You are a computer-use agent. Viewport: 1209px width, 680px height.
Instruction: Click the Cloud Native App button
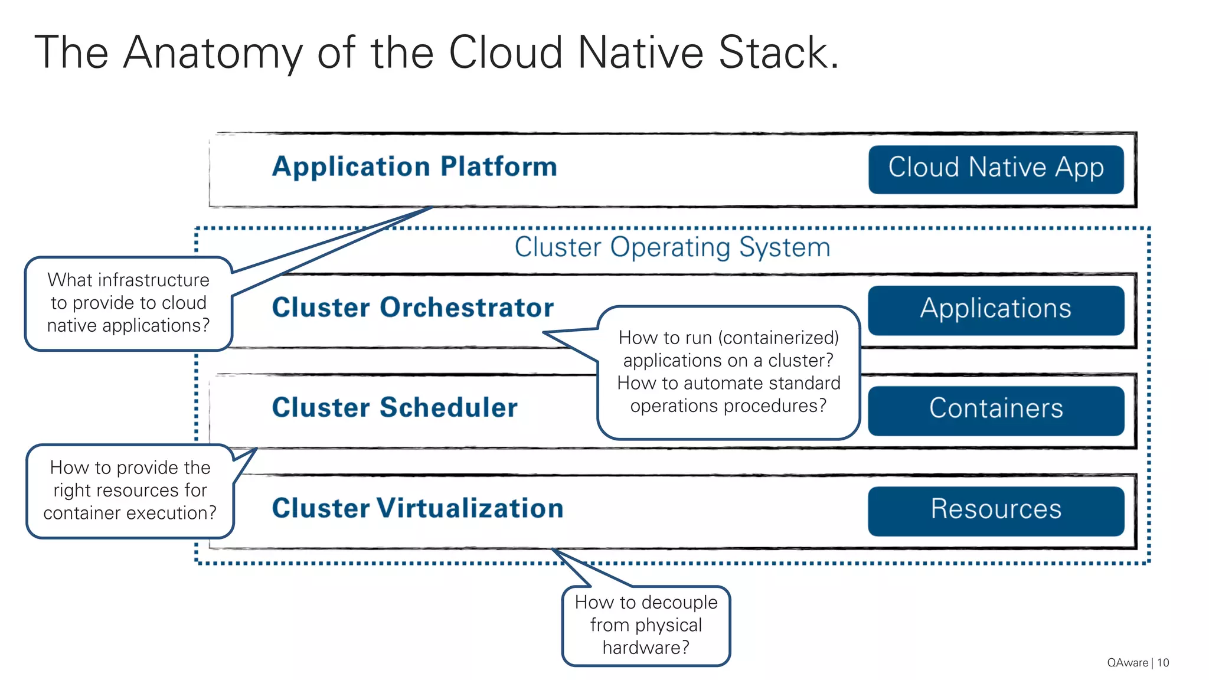tap(995, 169)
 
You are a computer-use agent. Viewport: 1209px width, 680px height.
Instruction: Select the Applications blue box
tap(995, 310)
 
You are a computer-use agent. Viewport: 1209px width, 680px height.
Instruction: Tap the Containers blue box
tap(995, 410)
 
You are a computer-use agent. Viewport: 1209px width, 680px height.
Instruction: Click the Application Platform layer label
tap(414, 167)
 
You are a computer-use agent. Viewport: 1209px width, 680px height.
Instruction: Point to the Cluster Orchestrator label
tap(413, 308)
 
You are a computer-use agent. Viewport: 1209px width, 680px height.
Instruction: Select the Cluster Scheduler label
tap(394, 408)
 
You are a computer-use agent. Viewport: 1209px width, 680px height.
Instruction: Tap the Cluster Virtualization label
tap(417, 508)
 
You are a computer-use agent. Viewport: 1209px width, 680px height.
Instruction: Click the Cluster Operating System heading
tap(672, 247)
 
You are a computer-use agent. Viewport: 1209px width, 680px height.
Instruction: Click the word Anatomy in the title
tap(213, 53)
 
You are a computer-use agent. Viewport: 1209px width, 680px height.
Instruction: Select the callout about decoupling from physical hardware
tap(646, 626)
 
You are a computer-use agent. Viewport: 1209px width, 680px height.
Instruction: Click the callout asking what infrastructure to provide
tap(128, 303)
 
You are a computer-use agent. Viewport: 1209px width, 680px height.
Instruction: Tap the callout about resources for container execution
tap(130, 491)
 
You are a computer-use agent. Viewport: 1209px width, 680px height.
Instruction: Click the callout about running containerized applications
tap(728, 372)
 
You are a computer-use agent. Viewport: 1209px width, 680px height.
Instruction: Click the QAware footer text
tap(1127, 663)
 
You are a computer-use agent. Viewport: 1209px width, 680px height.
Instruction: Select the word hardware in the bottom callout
tap(645, 648)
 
